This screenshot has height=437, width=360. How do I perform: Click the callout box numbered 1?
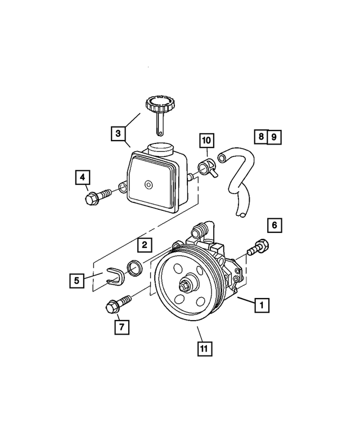point(261,306)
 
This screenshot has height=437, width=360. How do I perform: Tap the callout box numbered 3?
point(118,133)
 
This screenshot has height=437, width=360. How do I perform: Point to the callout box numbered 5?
point(77,279)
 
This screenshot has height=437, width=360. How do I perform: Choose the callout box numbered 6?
point(274,226)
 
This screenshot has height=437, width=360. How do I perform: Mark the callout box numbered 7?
point(121,326)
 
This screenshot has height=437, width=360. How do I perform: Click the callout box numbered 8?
point(260,136)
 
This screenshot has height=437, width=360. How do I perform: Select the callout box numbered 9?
point(274,136)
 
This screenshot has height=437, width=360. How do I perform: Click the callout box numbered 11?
point(205,349)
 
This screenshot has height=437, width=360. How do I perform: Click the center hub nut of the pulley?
point(184,285)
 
